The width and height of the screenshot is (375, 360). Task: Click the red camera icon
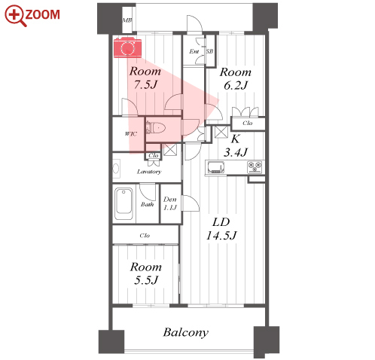coord(128,47)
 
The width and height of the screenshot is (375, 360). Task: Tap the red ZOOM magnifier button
coord(32,16)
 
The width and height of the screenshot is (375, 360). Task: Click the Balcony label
coord(186,332)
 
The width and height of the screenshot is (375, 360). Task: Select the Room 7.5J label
coord(145,78)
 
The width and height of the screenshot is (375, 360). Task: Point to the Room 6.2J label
coord(236,78)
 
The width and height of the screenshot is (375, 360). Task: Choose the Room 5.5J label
coord(146,273)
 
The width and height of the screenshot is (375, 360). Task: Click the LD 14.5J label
coord(221,229)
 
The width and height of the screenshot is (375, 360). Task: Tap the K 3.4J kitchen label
coord(236,145)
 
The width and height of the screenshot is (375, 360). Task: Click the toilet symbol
coord(155,128)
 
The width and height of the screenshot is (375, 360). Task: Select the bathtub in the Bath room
coord(123,204)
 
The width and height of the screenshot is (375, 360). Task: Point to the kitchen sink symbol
coord(216,167)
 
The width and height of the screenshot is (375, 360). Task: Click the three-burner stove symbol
coord(255,167)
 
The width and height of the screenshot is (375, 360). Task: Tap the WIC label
coord(131,134)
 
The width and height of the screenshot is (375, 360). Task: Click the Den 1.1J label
coord(170,203)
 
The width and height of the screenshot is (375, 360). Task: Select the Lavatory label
coord(149,172)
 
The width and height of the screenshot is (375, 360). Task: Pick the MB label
coord(127,20)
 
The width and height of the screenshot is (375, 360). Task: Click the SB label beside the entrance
coord(209,51)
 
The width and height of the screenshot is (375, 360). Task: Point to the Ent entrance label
coord(194,51)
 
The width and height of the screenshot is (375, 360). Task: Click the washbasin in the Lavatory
coord(116,169)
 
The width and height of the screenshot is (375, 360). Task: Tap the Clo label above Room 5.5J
coord(145,236)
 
